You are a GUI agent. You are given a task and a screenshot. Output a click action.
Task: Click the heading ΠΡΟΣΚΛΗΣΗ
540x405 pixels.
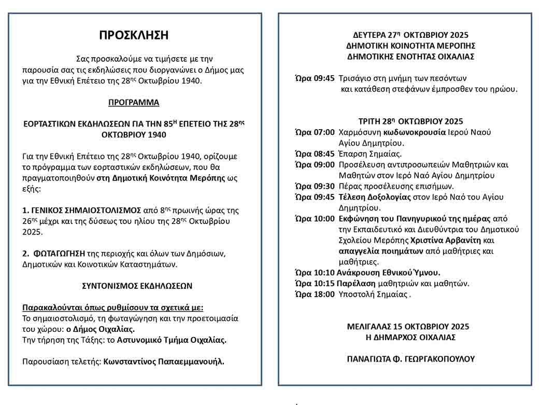click(134, 35)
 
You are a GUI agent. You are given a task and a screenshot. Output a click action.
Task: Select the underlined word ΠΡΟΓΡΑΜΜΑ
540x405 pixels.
click(134, 103)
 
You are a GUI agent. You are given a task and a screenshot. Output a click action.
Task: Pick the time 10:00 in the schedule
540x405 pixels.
click(324, 218)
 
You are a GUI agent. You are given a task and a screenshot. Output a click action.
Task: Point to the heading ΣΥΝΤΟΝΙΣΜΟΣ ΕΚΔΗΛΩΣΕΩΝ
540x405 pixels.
click(137, 286)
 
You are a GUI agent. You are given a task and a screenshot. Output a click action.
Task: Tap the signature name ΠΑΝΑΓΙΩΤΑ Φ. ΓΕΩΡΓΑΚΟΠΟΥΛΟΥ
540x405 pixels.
click(410, 359)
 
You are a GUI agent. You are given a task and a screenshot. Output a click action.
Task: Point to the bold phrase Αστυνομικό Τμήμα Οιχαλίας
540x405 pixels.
click(172, 340)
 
